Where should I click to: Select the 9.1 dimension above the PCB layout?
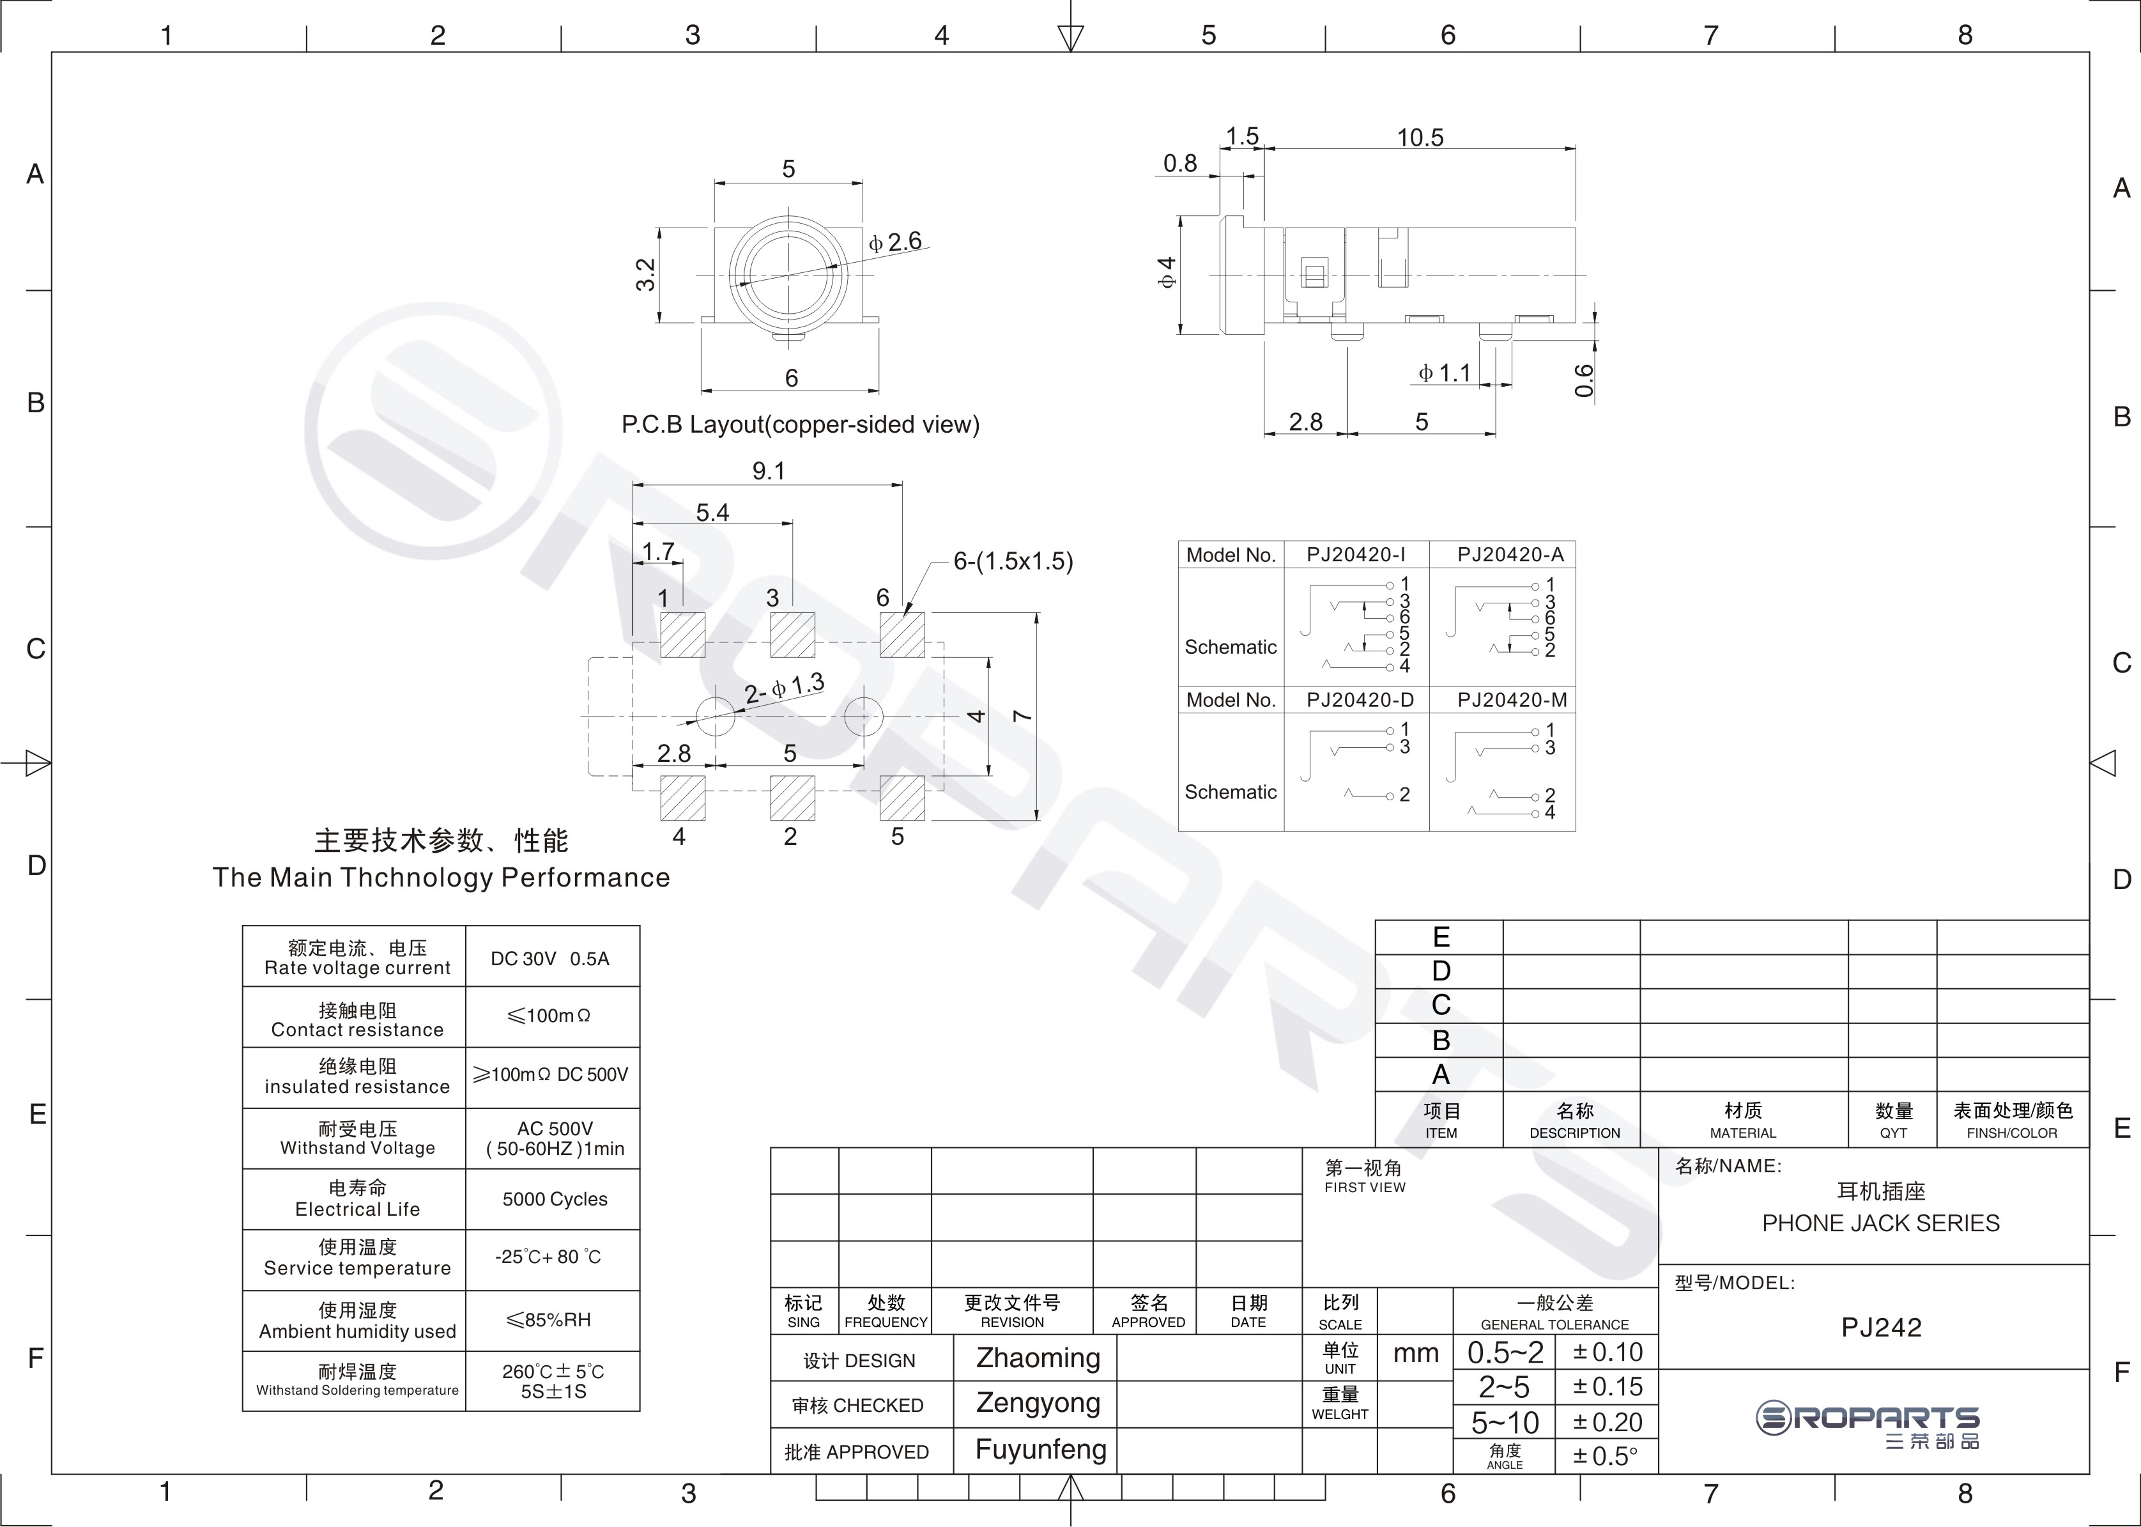pos(768,470)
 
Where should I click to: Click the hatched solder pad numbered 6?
pos(902,635)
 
